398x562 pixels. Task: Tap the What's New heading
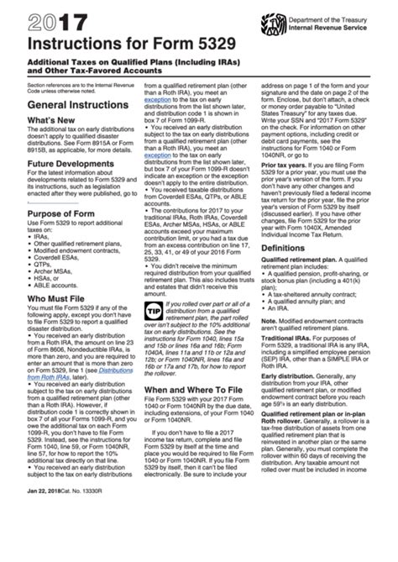pos(33,122)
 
